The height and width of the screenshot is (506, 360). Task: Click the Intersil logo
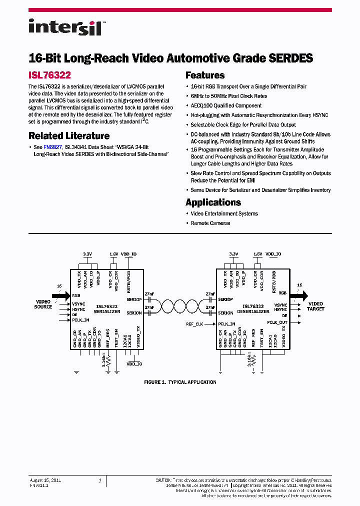pos(65,27)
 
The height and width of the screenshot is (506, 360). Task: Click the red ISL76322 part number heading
pos(49,75)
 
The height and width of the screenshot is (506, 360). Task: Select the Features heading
pos(205,75)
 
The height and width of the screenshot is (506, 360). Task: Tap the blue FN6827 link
pos(52,147)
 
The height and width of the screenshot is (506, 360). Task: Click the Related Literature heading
pos(69,135)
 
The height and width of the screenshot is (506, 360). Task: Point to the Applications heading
pos(213,202)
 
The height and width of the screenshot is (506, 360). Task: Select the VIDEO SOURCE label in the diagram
pos(43,304)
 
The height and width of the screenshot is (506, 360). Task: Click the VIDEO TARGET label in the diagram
pos(316,306)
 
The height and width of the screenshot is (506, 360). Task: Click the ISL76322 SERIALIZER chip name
pos(106,308)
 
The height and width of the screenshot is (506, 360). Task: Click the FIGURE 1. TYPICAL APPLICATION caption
pos(180,382)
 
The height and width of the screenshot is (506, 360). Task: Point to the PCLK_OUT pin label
pos(277,322)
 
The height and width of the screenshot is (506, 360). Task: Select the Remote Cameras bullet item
pos(210,223)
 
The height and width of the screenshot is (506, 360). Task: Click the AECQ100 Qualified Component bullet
pos(226,105)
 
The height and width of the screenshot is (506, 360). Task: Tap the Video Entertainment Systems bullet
pos(224,213)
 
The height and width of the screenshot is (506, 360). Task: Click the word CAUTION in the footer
pos(164,480)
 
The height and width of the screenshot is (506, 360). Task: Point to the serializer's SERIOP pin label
pos(134,299)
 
